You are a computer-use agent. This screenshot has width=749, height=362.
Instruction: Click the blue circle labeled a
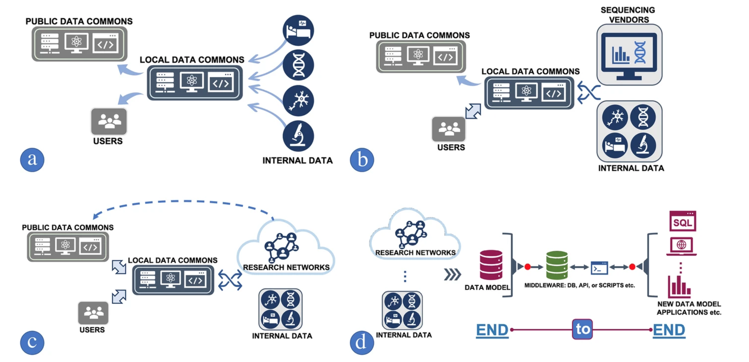pyautogui.click(x=32, y=160)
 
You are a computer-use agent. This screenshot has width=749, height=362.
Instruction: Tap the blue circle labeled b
pyautogui.click(x=362, y=160)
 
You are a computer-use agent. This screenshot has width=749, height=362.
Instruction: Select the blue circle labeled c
pyautogui.click(x=32, y=343)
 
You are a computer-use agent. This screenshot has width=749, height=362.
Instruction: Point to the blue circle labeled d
pyautogui.click(x=362, y=343)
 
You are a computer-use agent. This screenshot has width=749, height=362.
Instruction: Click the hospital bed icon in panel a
pyautogui.click(x=298, y=30)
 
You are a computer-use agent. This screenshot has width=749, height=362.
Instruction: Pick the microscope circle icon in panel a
pyautogui.click(x=298, y=136)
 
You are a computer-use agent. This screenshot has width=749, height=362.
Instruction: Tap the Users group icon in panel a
pyautogui.click(x=109, y=121)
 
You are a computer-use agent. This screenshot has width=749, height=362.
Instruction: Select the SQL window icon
pyautogui.click(x=682, y=221)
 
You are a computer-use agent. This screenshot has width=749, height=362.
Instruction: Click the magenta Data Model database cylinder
pyautogui.click(x=491, y=265)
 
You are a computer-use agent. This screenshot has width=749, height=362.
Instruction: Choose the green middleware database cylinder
pyautogui.click(x=557, y=265)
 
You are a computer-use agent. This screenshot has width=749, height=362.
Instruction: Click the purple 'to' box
pyautogui.click(x=582, y=329)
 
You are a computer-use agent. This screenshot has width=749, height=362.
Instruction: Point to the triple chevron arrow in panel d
pyautogui.click(x=452, y=274)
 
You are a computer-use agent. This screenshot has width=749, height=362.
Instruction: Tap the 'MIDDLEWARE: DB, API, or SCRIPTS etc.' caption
pyautogui.click(x=579, y=285)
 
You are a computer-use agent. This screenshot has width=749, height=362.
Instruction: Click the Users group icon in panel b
pyautogui.click(x=449, y=129)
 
